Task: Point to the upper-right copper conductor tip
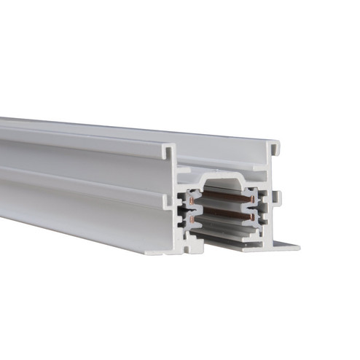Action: tap(251, 197)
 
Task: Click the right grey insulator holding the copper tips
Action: tap(257, 208)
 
